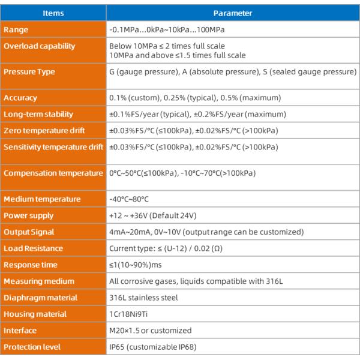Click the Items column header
53,13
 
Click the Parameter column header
233,13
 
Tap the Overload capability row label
40,46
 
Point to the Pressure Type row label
29,72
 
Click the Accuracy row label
20,98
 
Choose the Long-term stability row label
38,114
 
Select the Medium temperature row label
42,199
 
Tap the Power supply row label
29,215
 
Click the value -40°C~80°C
129,199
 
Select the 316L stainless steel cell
143,298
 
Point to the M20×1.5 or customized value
150,331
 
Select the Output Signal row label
29,232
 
